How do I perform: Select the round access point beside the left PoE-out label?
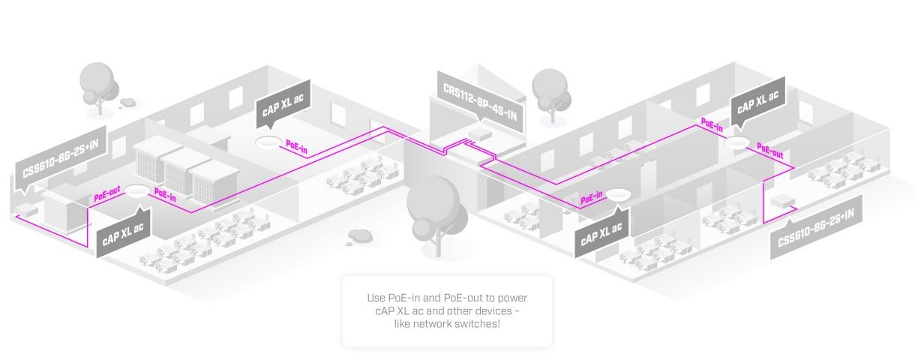(136, 191)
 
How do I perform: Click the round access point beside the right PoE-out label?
(739, 143)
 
